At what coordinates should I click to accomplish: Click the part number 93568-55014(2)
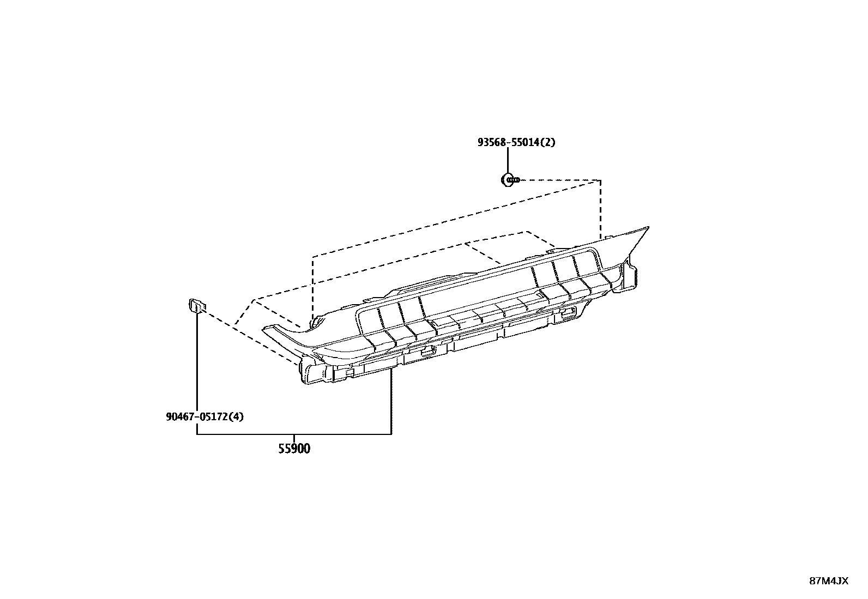pos(516,142)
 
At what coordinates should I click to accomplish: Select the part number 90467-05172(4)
pos(204,417)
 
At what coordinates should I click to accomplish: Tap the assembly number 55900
pos(294,449)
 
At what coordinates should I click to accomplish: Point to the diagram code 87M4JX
pos(829,580)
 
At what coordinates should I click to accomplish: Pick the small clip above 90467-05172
pos(196,306)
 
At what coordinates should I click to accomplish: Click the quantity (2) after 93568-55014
pos(548,142)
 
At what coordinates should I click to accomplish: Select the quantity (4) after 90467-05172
pos(236,417)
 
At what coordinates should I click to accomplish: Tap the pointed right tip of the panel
pos(647,228)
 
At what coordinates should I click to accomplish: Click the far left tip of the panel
pos(264,329)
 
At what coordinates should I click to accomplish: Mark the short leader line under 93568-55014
pos(508,161)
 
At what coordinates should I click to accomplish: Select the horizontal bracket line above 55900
pos(294,434)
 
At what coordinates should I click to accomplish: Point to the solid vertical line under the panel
pos(391,403)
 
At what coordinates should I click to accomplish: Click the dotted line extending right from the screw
pos(562,180)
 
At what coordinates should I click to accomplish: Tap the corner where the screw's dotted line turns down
pos(600,180)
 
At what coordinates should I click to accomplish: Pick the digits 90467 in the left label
pos(180,417)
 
